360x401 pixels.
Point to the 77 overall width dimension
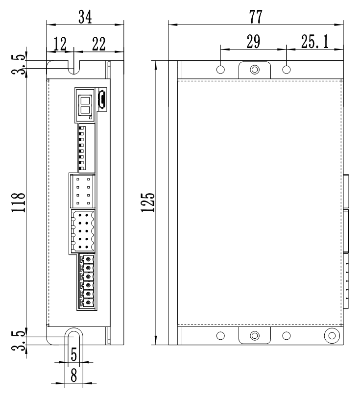255,17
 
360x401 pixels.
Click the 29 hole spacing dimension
253,42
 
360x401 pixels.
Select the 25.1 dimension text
316,42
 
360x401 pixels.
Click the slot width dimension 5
73,354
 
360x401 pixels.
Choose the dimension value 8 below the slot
73,376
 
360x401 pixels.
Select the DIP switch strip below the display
82,148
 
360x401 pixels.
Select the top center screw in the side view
254,70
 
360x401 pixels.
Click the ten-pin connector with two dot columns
82,230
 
